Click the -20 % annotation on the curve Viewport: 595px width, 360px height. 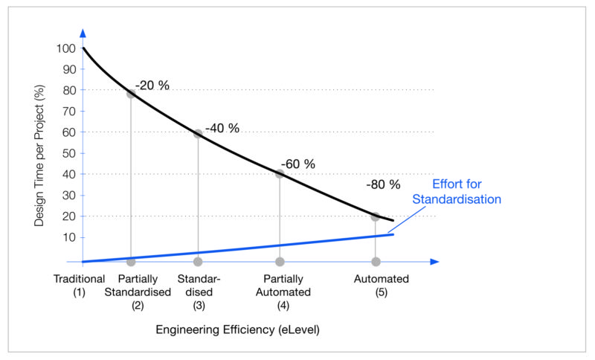(x=152, y=85)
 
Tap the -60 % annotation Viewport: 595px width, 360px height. (x=297, y=164)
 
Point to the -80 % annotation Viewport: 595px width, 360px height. (x=383, y=184)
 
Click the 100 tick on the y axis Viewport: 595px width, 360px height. (x=65, y=48)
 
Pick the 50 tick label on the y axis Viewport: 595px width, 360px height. (x=68, y=153)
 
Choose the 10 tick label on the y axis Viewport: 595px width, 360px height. (x=68, y=237)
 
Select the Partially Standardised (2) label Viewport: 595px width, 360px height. (x=138, y=292)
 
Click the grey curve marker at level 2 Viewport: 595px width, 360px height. (x=131, y=93)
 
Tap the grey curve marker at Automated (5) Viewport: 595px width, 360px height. (x=376, y=216)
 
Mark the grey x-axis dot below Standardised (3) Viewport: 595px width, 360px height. (x=198, y=262)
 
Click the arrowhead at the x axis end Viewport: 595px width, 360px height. (x=434, y=262)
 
